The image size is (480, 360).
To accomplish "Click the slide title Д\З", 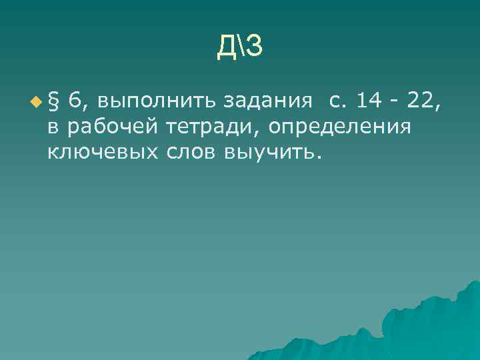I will pos(240,45).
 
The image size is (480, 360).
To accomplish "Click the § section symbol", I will pos(55,101).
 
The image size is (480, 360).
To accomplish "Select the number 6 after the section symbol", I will pos(75,101).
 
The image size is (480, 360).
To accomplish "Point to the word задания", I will pos(268,102).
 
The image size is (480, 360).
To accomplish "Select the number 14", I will pos(369,101).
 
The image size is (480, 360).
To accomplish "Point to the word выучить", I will pos(273,153).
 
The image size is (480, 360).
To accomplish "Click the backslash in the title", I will pos(240,45).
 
